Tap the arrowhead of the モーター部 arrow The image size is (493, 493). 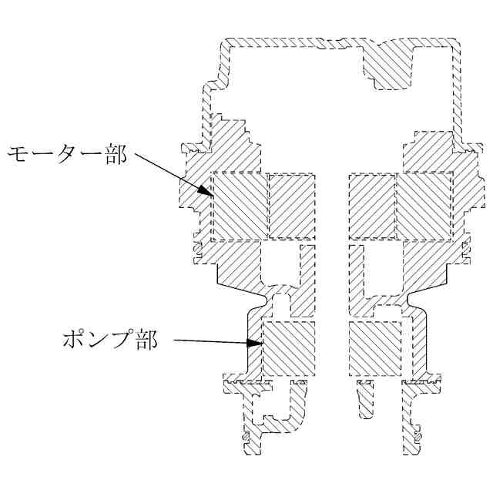point(206,193)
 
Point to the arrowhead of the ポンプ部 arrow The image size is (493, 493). point(257,344)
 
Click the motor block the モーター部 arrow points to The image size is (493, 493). point(239,206)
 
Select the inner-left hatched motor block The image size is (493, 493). point(291,206)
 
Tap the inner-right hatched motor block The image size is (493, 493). point(371,206)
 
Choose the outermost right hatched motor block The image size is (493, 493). point(424,206)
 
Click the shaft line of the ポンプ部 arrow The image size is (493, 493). point(212,342)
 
